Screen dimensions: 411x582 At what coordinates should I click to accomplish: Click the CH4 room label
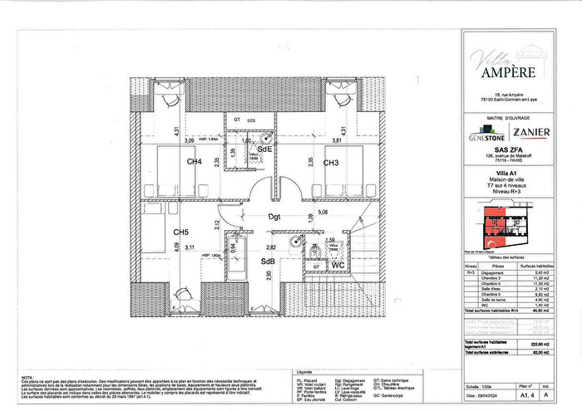coord(194,163)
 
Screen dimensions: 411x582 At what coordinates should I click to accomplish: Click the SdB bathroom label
coord(268,262)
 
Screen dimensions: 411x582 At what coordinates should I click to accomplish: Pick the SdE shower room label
coord(265,149)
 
